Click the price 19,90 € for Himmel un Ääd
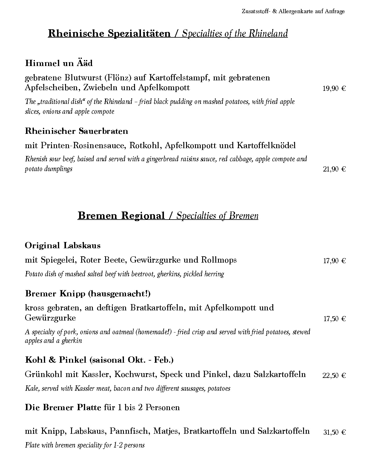pos(334,88)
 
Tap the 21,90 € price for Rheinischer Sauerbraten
pos(334,169)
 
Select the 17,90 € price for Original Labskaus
pos(334,261)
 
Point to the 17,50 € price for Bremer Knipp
pos(334,319)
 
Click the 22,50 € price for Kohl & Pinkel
pos(334,376)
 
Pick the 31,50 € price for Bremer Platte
pos(334,432)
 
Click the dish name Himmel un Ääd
pos(59,63)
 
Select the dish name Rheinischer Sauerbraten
pos(76,131)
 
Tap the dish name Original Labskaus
pos(63,246)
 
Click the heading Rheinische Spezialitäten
pos(109,33)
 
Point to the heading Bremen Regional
pos(121,216)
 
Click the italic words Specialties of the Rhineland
pos(235,33)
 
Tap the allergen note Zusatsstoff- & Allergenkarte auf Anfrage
pos(293,11)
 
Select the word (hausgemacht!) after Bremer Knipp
pos(119,294)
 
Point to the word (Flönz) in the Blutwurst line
pos(118,78)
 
